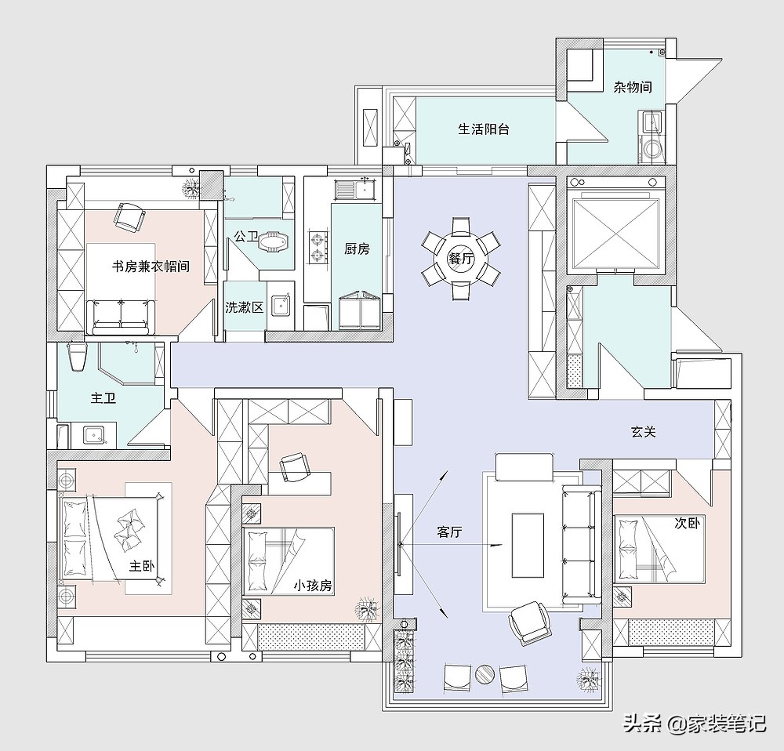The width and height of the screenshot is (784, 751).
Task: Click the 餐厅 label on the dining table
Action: coord(460,259)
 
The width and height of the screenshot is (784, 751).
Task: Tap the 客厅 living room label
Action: coord(449,532)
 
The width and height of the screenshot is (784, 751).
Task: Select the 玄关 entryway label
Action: coord(643,431)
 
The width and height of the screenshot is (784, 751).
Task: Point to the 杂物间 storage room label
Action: coord(633,87)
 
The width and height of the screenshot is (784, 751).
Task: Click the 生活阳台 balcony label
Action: coord(484,129)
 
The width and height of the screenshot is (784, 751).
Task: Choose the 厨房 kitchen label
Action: coord(357,249)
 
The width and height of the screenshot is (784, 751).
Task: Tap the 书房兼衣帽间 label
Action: coord(151,266)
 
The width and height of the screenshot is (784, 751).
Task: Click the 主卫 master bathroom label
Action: coord(103,398)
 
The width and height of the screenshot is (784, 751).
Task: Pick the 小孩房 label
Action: coord(313,586)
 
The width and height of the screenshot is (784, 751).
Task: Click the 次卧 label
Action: coord(687,524)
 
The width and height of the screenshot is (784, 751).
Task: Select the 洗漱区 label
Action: coord(244,307)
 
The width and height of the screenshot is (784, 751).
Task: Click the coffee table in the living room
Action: coord(528,545)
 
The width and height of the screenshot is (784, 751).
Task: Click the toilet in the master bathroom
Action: coord(77,357)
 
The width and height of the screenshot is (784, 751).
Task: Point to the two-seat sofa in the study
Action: coord(121,317)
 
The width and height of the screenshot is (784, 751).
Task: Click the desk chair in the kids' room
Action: coord(292,467)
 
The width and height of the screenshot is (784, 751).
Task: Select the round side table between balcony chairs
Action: coord(485,674)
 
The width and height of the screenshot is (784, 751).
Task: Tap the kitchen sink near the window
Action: coord(357,190)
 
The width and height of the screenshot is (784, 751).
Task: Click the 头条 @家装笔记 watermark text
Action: coord(695,724)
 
